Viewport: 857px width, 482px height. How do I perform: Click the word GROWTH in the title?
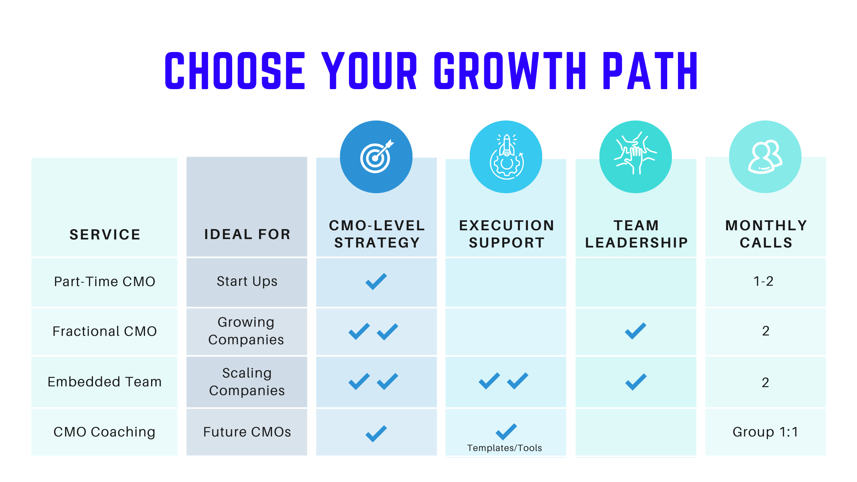(x=510, y=71)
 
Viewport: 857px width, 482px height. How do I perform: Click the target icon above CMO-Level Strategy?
(x=376, y=156)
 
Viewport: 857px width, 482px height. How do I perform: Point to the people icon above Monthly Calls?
(x=765, y=157)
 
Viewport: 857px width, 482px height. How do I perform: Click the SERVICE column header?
(x=105, y=234)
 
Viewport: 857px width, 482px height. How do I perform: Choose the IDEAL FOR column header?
(x=247, y=234)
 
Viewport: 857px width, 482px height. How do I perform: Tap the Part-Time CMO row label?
(x=104, y=282)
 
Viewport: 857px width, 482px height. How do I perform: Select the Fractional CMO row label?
(x=104, y=331)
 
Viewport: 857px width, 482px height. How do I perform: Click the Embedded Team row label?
(x=104, y=382)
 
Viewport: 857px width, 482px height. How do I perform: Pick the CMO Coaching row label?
(x=104, y=432)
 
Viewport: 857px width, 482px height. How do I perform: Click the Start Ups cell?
(x=247, y=282)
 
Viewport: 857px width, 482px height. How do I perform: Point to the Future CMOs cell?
(x=247, y=432)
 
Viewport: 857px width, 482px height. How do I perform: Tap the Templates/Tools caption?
(x=505, y=448)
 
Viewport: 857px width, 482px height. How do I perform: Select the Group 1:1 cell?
(x=765, y=432)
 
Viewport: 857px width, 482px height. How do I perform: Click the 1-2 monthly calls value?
(x=764, y=282)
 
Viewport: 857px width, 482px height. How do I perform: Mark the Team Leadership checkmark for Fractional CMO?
(x=635, y=331)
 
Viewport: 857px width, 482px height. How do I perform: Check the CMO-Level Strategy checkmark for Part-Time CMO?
(x=376, y=282)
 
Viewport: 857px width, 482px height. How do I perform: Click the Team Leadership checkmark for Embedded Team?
(x=636, y=382)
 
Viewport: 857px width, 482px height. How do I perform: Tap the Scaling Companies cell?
(x=247, y=382)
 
